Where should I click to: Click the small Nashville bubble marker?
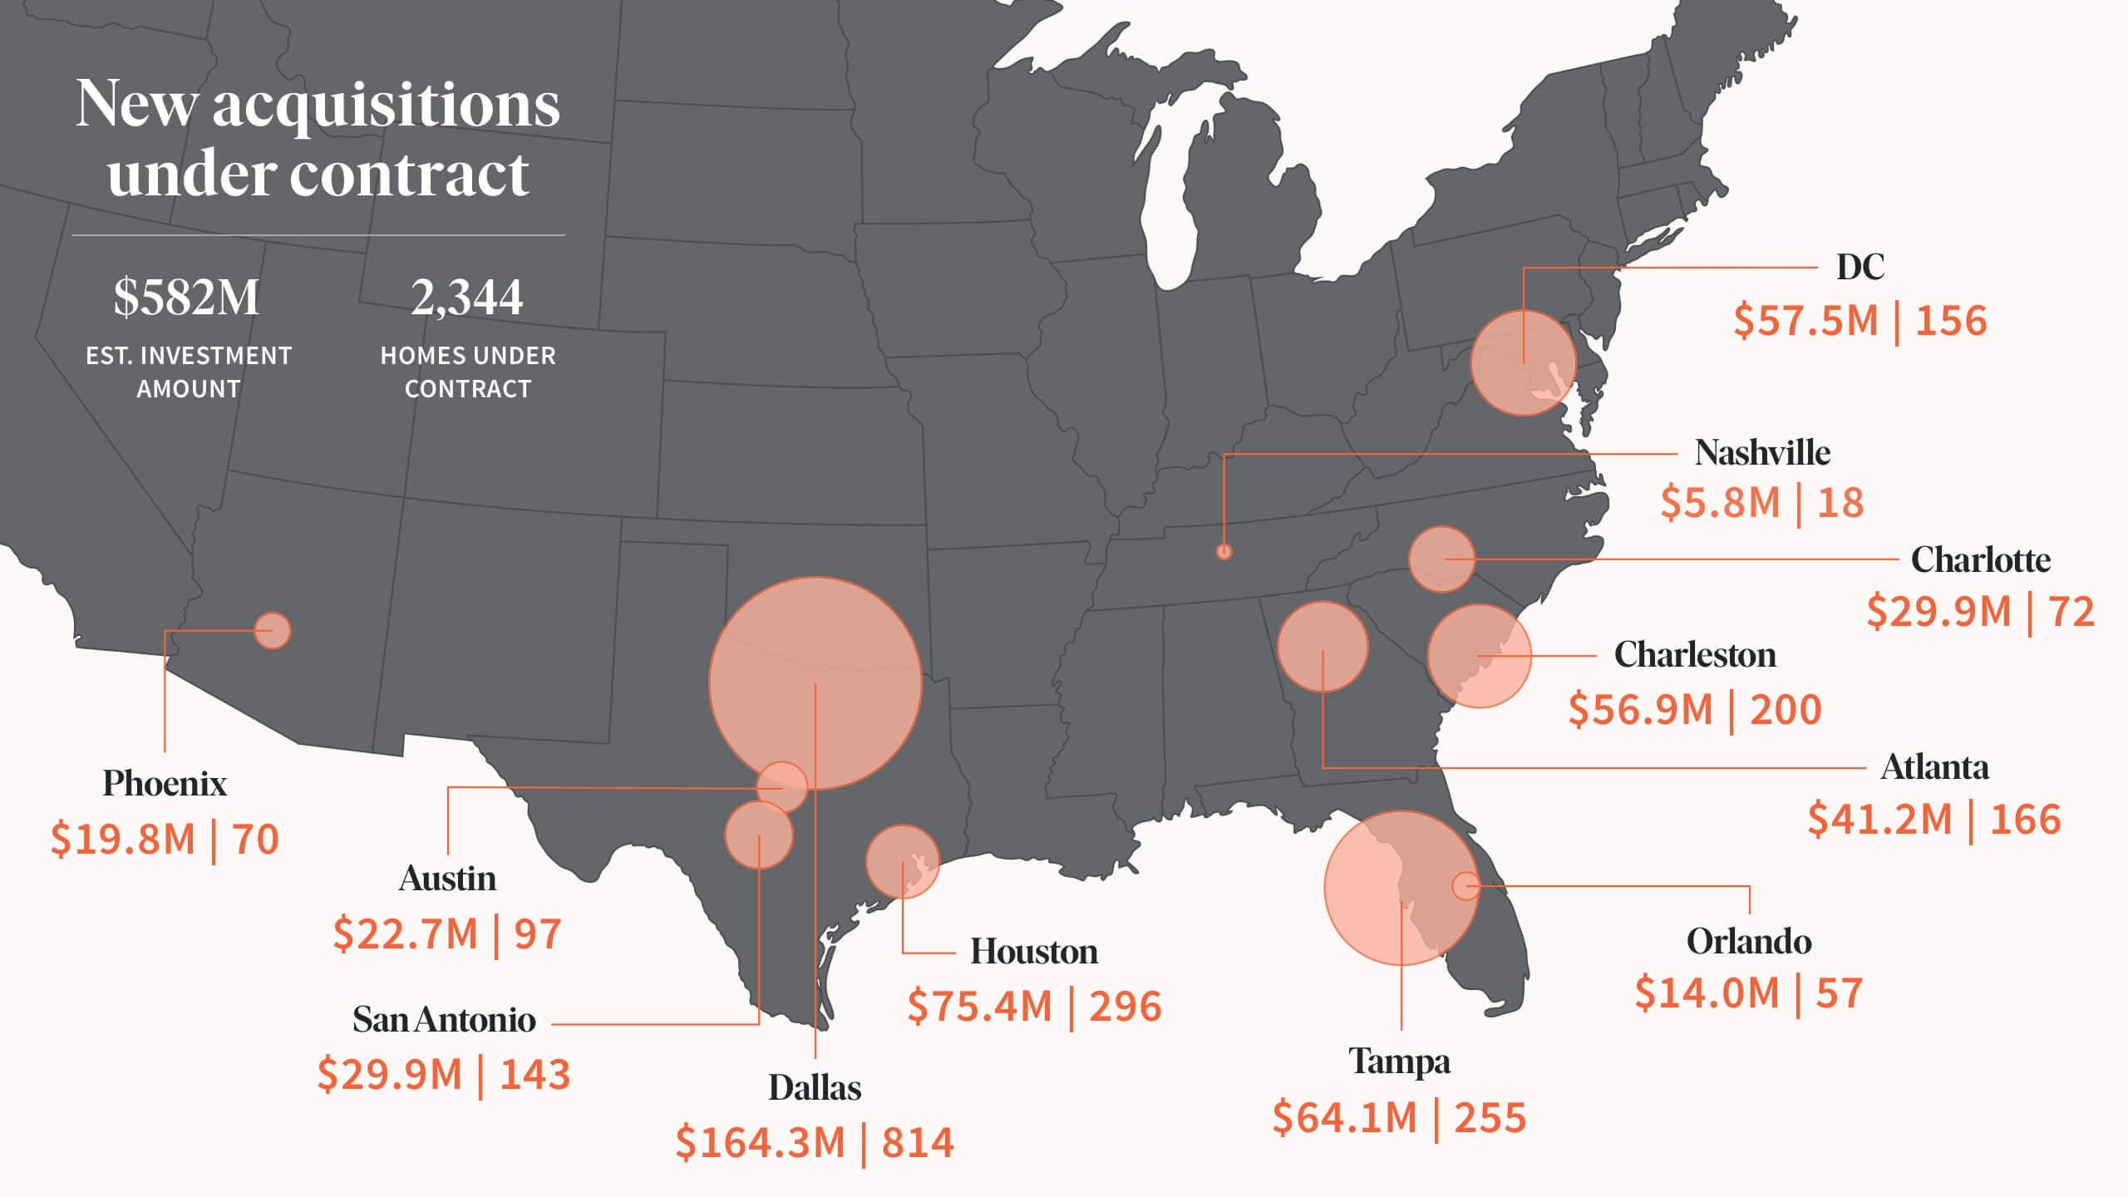click(x=1224, y=551)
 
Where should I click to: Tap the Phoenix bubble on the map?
click(x=272, y=630)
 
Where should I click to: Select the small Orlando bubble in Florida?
click(x=1465, y=886)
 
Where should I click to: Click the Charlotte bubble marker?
click(x=1441, y=559)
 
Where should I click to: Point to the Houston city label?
click(x=1033, y=952)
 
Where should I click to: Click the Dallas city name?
click(x=815, y=1087)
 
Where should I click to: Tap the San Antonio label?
click(x=444, y=1020)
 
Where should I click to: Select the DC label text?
click(x=1860, y=267)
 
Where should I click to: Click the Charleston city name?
click(x=1695, y=655)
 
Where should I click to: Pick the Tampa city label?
click(x=1399, y=1062)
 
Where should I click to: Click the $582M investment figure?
click(x=187, y=298)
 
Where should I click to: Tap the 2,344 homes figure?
click(x=467, y=298)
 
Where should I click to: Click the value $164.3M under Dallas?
click(x=760, y=1142)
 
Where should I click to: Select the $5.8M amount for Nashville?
click(x=1720, y=503)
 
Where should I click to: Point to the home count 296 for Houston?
click(x=1126, y=1007)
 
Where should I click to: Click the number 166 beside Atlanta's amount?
click(x=2026, y=820)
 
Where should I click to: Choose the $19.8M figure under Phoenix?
click(x=123, y=839)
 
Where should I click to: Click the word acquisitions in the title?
click(x=387, y=106)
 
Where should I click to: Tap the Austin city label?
click(x=447, y=879)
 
